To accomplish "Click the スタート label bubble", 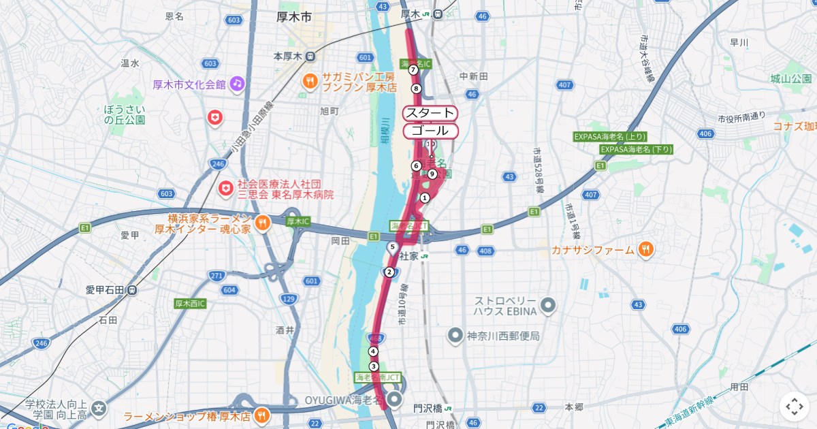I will [430, 113].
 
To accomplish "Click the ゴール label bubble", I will [430, 131].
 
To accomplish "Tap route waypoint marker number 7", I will [413, 69].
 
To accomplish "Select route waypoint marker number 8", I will [417, 88].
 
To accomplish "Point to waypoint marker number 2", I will [389, 272].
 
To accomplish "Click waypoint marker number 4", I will [373, 351].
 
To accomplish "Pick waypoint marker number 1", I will [425, 198].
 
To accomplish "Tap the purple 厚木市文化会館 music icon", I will [237, 84].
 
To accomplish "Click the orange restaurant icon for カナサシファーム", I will [646, 250].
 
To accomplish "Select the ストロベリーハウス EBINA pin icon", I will [548, 304].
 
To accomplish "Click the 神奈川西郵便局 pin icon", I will [455, 336].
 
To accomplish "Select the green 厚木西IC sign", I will [190, 303].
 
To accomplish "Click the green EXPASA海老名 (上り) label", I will [610, 136].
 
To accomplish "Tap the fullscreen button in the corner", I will [794, 407].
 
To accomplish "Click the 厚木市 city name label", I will [294, 16].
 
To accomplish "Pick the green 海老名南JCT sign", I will [378, 377].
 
